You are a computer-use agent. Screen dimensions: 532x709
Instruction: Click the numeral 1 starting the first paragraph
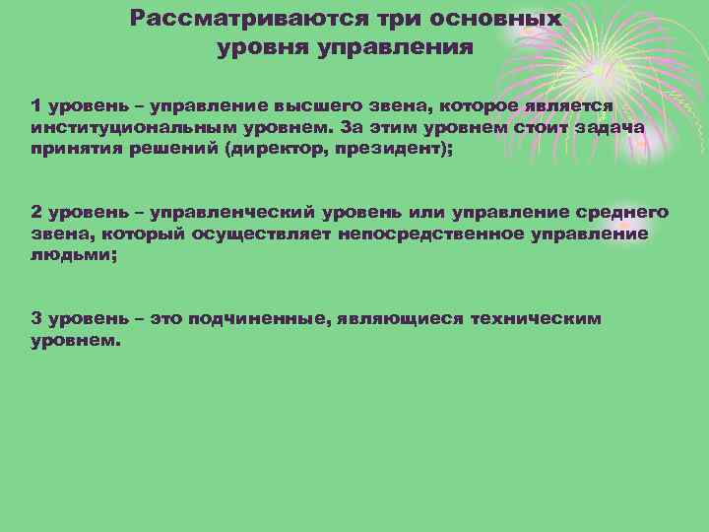tap(35, 105)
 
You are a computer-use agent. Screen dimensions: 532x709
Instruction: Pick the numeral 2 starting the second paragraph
tap(36, 212)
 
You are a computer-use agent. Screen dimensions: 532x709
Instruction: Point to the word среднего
tap(618, 212)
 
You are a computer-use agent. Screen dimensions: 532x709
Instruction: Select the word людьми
tap(61, 254)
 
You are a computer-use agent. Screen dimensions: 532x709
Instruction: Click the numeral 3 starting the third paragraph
tap(36, 318)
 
